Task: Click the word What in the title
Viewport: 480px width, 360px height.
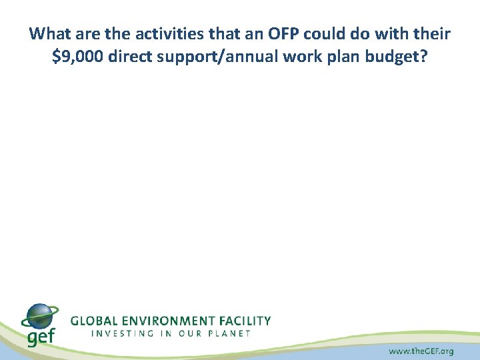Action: [x=49, y=33]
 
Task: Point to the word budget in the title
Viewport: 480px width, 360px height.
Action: [x=393, y=57]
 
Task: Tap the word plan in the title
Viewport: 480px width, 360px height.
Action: [x=340, y=57]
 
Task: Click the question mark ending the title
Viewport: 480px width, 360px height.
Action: [x=423, y=57]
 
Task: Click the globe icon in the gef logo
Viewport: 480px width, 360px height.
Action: [x=40, y=317]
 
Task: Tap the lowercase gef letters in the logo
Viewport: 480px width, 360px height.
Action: [x=40, y=337]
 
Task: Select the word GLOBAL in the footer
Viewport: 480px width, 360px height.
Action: [x=97, y=321]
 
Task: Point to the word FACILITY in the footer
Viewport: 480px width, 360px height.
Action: [x=247, y=321]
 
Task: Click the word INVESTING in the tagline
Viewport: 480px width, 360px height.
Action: [x=122, y=333]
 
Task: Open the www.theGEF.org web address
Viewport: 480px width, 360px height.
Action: [x=421, y=351]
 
